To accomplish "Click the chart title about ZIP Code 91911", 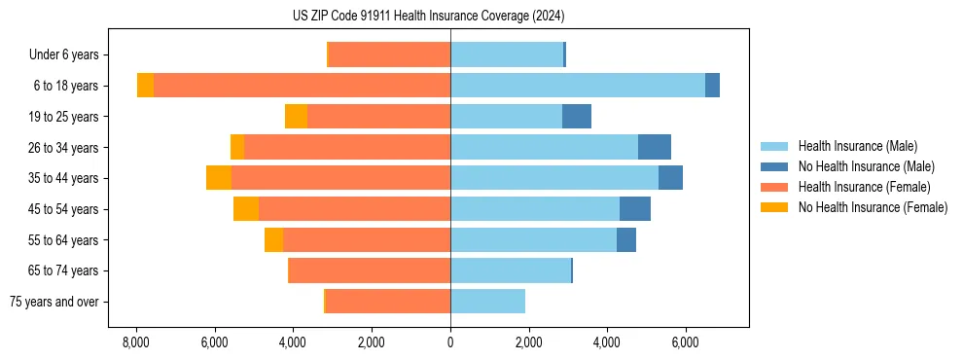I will pos(428,17).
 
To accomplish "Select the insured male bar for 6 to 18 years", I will pos(578,86).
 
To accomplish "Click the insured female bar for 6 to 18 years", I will pos(302,86).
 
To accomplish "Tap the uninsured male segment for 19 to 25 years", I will pos(577,117).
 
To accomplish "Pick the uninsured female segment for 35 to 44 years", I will pos(219,178).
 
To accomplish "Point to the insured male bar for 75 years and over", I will pos(487,302).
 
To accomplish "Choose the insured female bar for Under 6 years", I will pos(390,54).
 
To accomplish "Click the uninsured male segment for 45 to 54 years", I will pos(635,209).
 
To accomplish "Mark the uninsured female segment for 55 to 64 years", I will pos(273,240).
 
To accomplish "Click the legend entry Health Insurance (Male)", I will pos(857,146).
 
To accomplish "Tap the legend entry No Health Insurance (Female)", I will pos(873,207).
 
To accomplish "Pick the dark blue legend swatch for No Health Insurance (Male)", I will pos(774,166).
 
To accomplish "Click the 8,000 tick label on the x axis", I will pos(135,343).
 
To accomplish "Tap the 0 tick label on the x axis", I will pos(450,343).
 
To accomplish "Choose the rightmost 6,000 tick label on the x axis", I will pos(686,343).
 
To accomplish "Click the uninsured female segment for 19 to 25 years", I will pos(296,117).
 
